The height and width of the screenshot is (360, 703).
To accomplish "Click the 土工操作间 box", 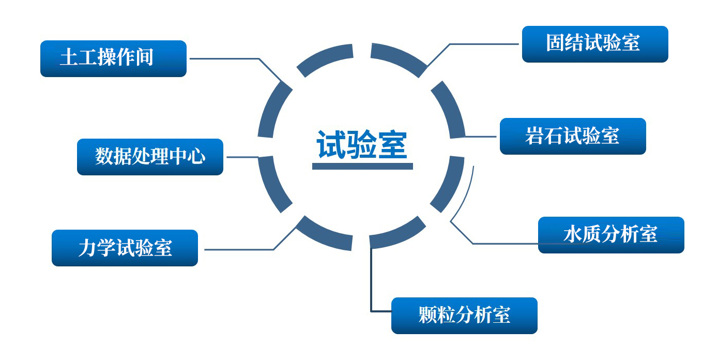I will [113, 58].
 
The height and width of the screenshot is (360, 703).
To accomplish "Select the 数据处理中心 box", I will [150, 157].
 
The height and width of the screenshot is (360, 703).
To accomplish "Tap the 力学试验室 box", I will [125, 248].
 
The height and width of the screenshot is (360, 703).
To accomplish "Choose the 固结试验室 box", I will [595, 44].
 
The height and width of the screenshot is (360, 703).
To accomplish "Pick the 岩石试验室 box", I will [573, 136].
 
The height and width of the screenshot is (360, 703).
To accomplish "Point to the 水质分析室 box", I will [611, 235].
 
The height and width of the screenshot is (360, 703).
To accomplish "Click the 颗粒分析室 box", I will [464, 316].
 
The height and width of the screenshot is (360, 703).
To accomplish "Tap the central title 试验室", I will [362, 145].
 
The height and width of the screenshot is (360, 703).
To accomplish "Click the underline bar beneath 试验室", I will [362, 167].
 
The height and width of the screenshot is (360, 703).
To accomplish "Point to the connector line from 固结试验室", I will [481, 44].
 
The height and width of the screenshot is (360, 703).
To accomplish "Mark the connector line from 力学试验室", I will [238, 249].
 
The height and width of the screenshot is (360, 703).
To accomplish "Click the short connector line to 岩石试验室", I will [481, 137].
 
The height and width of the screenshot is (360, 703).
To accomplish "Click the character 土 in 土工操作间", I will [69, 57].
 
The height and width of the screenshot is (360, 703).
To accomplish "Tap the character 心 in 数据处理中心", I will [197, 156].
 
